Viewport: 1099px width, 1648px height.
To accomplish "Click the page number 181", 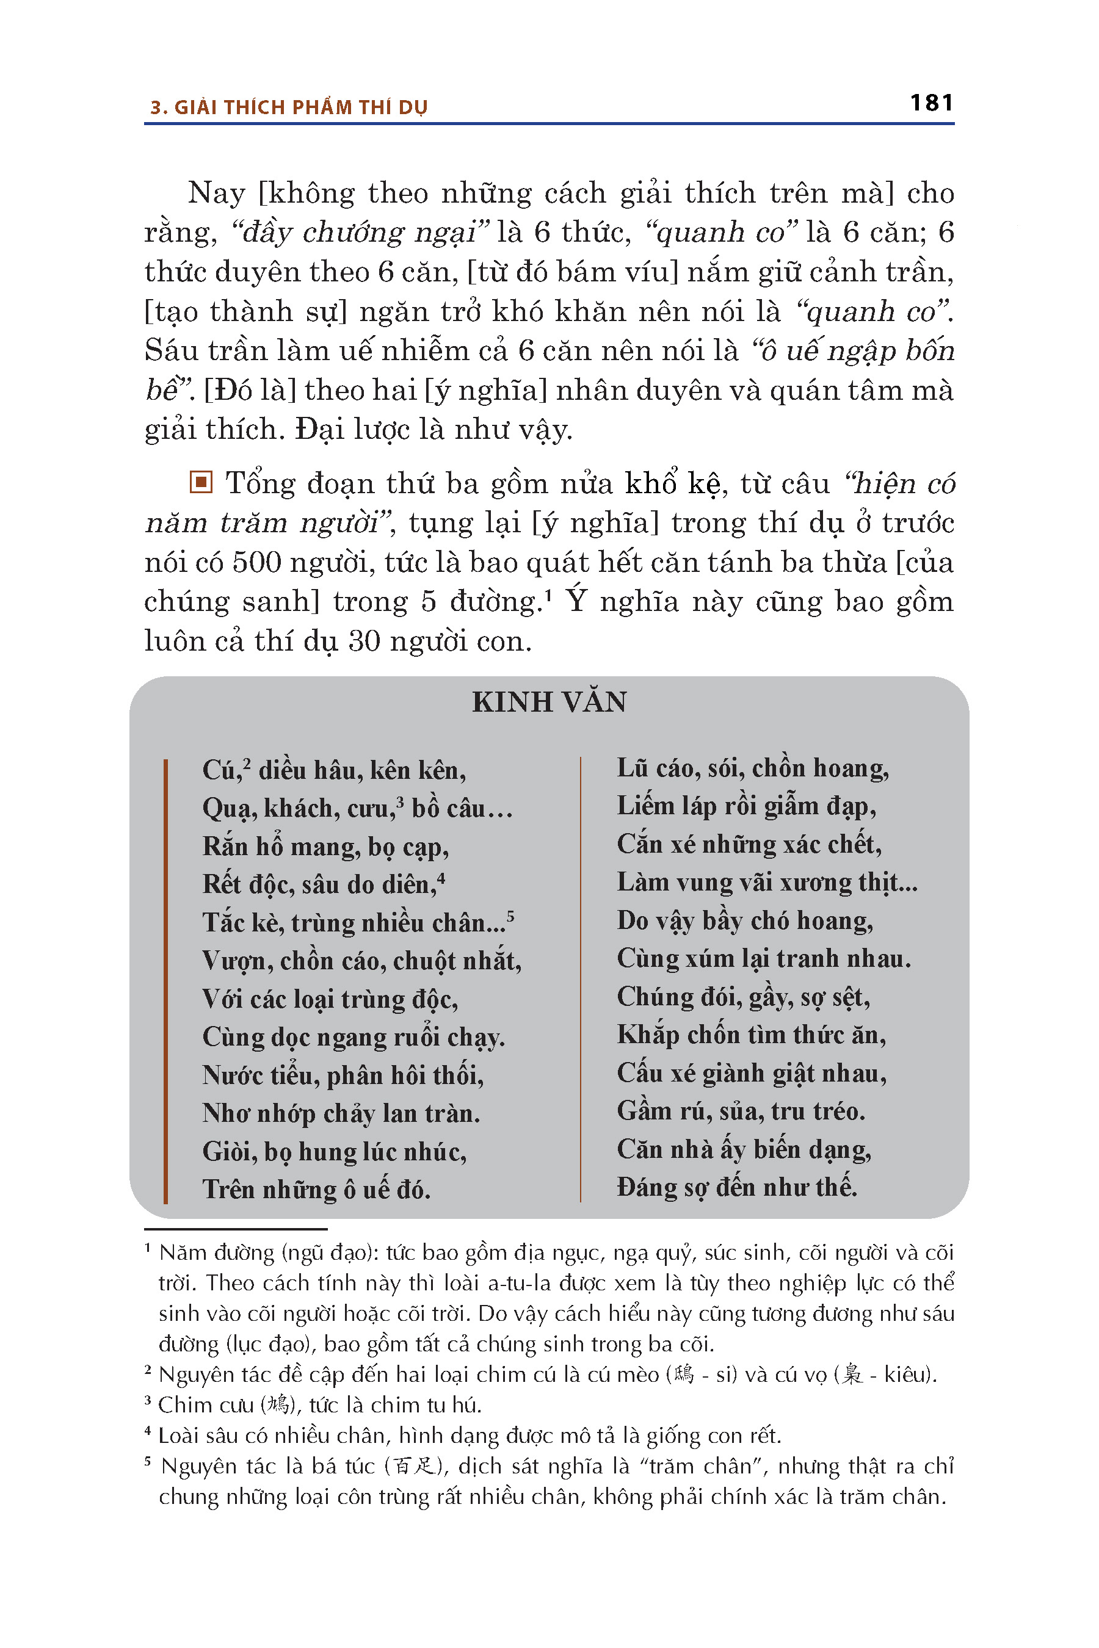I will pos(930,103).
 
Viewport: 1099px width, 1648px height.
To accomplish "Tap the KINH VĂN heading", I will pos(549,702).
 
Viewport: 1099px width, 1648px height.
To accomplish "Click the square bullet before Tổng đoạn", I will pos(201,482).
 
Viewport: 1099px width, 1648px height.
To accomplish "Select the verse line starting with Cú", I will pos(333,770).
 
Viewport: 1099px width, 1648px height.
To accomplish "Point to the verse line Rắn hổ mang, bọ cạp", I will pos(325,847).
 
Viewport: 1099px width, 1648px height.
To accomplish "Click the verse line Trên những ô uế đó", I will pos(316,1189).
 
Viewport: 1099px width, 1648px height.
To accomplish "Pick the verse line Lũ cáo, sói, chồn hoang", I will pos(753,768).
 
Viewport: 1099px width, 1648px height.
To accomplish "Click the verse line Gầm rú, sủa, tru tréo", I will pos(741,1111).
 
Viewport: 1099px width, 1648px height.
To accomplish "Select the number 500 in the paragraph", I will pos(256,563).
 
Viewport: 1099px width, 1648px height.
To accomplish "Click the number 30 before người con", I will pos(364,641).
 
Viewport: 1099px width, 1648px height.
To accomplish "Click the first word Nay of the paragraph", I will pos(216,193).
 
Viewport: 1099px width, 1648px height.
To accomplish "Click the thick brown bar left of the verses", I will pos(165,981).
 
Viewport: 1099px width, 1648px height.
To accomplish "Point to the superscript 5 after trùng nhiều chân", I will pos(510,916).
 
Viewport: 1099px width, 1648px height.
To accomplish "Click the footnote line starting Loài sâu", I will pos(469,1436).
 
